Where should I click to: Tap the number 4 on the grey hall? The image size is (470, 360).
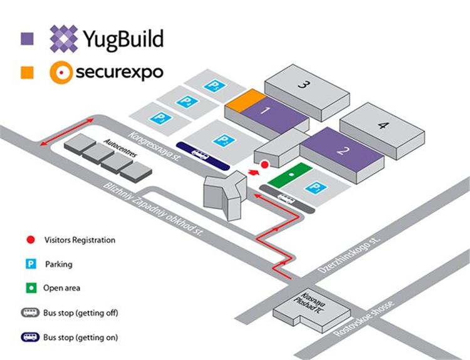[382, 125]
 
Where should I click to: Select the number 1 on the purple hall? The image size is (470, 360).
[265, 112]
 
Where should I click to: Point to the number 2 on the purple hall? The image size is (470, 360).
[341, 150]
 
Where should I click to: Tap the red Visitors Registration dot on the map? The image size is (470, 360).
[264, 164]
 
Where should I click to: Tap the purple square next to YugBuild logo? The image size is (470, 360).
[27, 38]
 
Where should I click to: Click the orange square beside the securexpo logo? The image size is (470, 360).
[27, 73]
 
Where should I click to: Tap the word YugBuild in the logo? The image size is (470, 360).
[123, 39]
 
